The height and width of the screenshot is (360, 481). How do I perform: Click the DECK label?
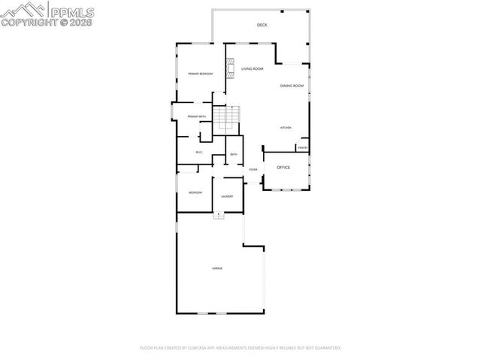tap(262, 25)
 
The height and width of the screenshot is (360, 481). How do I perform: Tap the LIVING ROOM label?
tap(252, 69)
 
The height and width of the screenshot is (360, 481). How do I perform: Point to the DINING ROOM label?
tap(292, 86)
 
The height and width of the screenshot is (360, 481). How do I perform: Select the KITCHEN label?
tap(286, 128)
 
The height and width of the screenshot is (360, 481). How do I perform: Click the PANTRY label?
tap(302, 147)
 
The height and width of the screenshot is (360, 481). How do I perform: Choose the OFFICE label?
tap(283, 168)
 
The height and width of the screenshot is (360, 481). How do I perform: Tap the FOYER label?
tap(253, 170)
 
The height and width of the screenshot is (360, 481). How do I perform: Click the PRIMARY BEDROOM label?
tap(201, 74)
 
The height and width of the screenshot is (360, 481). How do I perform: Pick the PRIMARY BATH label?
tap(197, 116)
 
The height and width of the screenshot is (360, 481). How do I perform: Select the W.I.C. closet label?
tap(199, 153)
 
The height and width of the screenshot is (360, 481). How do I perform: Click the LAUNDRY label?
tap(227, 197)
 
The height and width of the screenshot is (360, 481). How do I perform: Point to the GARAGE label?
tap(217, 268)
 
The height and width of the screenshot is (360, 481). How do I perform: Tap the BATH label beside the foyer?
tap(234, 155)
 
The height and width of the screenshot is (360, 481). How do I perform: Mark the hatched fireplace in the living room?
tap(230, 68)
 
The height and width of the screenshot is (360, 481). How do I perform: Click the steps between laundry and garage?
tap(219, 216)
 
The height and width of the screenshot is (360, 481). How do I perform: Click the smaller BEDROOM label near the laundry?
tap(195, 193)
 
